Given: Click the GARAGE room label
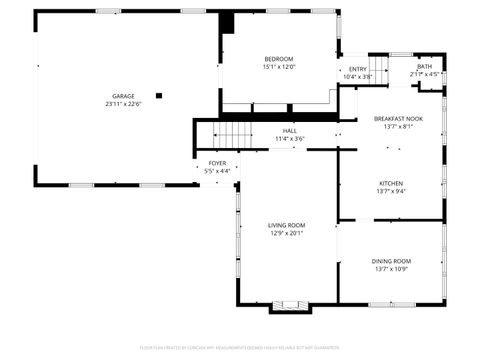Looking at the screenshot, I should tap(123, 96).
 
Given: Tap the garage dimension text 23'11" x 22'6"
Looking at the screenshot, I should tap(123, 104).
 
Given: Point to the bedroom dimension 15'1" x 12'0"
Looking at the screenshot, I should tap(279, 68).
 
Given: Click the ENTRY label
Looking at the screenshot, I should tap(358, 69).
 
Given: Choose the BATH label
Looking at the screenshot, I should tap(425, 66).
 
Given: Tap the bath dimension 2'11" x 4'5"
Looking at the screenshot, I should tap(425, 74).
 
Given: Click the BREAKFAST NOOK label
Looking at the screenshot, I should tap(391, 119).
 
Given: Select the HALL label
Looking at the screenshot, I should tap(289, 131).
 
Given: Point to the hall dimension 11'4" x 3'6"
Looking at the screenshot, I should tap(289, 139).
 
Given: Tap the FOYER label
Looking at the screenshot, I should tap(217, 163).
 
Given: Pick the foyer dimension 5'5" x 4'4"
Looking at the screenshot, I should tap(217, 171).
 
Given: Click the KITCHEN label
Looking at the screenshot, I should tap(391, 183).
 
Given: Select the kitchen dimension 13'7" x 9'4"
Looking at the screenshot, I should tap(391, 191).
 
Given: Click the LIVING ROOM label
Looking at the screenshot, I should tap(287, 225).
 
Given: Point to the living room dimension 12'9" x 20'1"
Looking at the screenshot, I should tap(287, 233).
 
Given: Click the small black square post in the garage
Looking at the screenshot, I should tap(158, 96).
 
